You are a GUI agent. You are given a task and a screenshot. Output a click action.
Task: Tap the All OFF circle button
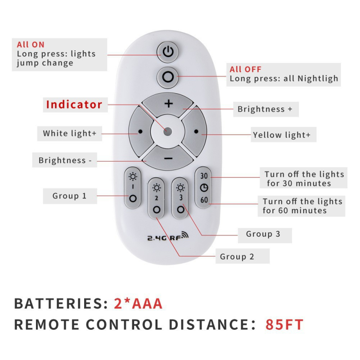click(168, 77)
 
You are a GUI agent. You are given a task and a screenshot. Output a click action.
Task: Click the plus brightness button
click(168, 104)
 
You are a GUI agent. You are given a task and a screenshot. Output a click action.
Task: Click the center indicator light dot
click(167, 131)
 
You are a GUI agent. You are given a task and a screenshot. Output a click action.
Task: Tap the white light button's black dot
click(140, 131)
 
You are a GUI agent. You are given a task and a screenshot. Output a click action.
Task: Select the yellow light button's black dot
click(196, 131)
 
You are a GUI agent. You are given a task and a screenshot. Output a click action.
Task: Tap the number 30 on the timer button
click(204, 176)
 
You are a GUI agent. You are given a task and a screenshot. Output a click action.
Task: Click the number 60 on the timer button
click(204, 200)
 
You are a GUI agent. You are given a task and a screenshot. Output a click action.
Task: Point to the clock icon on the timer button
click(204, 188)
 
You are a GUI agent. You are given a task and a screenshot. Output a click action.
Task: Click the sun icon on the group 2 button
click(157, 188)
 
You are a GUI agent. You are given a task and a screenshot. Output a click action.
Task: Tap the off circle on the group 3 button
click(181, 209)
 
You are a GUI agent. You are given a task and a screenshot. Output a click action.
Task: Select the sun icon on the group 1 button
click(133, 177)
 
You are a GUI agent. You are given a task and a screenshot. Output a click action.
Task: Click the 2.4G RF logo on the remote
click(168, 236)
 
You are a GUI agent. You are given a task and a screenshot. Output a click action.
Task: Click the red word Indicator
click(74, 104)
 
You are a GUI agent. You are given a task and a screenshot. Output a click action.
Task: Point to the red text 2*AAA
click(138, 303)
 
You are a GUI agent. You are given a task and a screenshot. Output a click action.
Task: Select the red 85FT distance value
click(284, 324)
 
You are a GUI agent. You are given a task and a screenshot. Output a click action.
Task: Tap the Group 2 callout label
click(237, 256)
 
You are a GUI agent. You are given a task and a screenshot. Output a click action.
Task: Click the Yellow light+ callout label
click(282, 135)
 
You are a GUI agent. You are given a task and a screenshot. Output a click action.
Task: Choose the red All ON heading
click(31, 45)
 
